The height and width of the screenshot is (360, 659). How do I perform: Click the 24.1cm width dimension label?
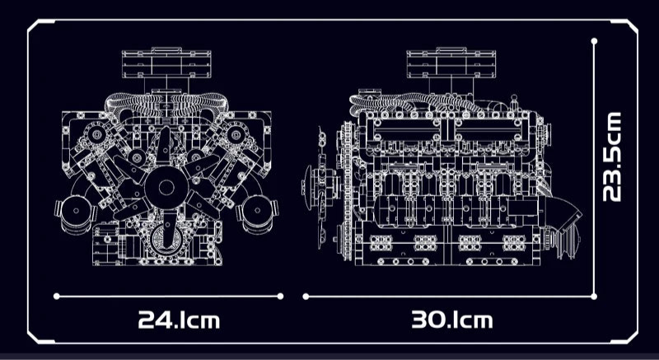179,320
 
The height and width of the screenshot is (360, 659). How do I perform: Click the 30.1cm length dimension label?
451,320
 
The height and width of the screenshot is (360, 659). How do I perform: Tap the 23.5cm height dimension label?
611,157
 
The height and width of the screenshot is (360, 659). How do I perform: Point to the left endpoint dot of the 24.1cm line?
57,297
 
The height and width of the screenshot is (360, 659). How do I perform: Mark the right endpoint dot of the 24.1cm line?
280,297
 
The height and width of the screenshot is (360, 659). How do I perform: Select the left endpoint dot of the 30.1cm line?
306,297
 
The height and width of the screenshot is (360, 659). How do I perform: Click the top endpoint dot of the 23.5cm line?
594,41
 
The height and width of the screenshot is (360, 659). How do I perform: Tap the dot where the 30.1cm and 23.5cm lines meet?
594,297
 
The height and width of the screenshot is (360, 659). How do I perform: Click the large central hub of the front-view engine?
166,187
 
